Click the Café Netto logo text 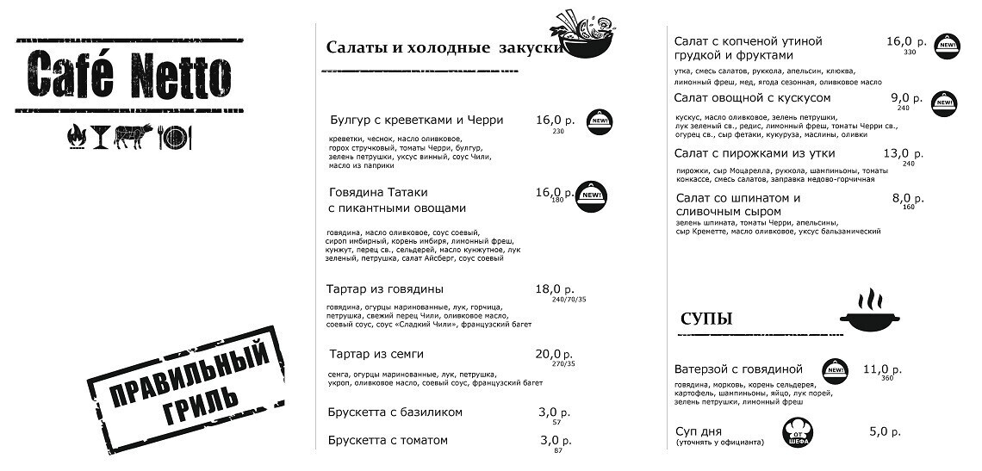129,75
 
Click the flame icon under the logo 75,135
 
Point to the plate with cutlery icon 175,136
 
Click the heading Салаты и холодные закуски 444,47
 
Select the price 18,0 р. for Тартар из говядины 555,289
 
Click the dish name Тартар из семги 376,354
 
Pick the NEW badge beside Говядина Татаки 591,197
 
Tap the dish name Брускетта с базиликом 395,412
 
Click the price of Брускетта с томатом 555,440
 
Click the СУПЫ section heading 706,319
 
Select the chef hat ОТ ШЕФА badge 798,433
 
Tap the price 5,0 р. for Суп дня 885,431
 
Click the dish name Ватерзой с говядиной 738,369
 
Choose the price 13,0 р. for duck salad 903,153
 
